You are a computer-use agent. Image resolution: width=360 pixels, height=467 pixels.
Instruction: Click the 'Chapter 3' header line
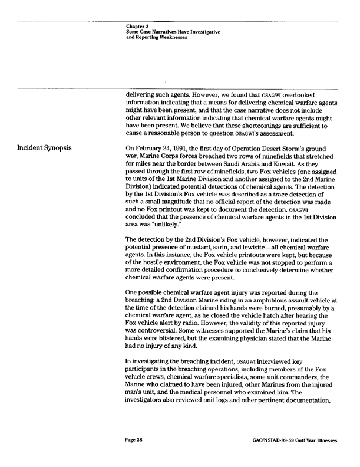[138, 26]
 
